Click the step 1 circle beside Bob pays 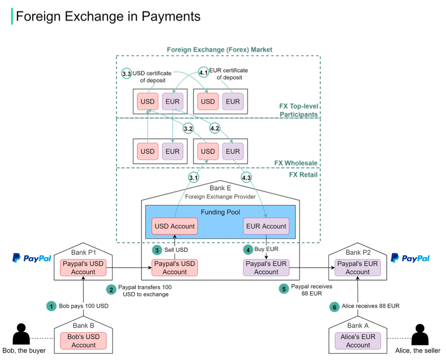[x=51, y=306]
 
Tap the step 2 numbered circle [x=111, y=290]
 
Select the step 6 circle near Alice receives [x=334, y=307]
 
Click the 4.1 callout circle [x=203, y=73]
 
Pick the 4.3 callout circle [x=247, y=177]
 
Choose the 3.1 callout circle [x=193, y=177]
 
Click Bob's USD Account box [x=83, y=341]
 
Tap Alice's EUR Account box [x=358, y=341]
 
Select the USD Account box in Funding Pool [x=174, y=226]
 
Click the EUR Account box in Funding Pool [x=266, y=226]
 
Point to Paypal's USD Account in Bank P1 [x=83, y=268]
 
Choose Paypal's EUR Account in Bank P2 [x=357, y=268]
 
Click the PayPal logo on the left [x=32, y=258]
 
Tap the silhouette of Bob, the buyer [x=21, y=334]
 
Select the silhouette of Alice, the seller [x=420, y=334]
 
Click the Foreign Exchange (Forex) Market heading [x=220, y=50]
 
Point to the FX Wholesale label [x=296, y=163]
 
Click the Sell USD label [x=176, y=250]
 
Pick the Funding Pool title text [x=220, y=212]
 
